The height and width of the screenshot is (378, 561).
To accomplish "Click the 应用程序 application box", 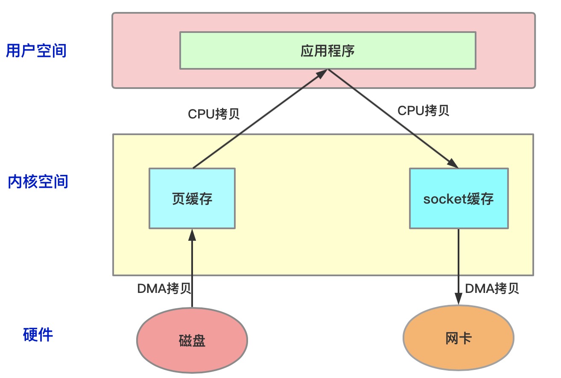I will [x=327, y=50].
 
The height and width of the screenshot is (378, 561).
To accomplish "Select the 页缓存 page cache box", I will [x=192, y=198].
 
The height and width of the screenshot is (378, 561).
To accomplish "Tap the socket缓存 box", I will [x=459, y=198].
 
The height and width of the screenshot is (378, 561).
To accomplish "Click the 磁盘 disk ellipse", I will [x=192, y=340].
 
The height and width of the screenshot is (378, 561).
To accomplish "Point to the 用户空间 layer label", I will [x=36, y=50].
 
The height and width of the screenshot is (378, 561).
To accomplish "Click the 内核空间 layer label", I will [x=38, y=181].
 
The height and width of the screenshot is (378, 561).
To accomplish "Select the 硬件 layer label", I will [x=38, y=334].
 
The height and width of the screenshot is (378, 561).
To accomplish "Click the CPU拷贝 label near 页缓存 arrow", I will [x=214, y=114].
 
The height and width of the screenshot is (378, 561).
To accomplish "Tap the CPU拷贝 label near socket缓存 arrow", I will [x=423, y=110].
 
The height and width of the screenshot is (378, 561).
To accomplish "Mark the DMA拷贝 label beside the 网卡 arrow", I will [x=492, y=289].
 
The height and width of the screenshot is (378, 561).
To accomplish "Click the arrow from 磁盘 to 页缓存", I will [x=192, y=269].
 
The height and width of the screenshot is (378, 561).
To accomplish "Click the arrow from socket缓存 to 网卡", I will [x=459, y=265].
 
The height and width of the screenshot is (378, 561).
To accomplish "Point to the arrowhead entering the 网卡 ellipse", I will [x=459, y=300].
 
